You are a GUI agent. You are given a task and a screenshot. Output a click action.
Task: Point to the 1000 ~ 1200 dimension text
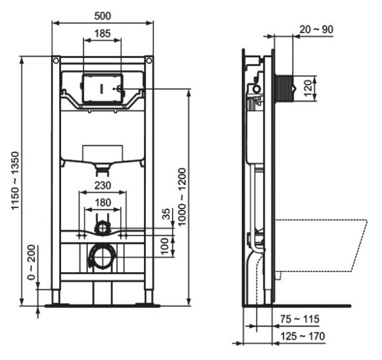(182, 198)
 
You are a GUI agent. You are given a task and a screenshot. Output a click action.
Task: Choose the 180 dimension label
(102, 202)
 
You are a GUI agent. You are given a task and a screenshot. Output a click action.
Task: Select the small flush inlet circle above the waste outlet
(102, 226)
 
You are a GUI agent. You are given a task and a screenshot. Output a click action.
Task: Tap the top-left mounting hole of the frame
(56, 62)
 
